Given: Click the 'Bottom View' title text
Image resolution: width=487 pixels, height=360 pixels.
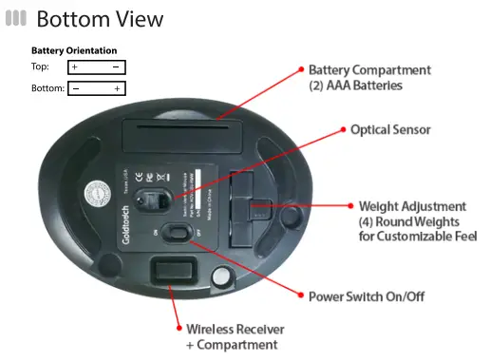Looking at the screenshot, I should tap(99, 18).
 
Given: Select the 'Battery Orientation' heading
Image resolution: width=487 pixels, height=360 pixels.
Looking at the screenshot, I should tap(74, 50).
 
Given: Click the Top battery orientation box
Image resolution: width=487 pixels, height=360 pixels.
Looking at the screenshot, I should tap(96, 67).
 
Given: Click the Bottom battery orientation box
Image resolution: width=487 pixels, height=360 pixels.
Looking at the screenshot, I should tap(96, 88).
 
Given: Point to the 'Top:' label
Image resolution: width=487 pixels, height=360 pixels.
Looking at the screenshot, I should tap(40, 67).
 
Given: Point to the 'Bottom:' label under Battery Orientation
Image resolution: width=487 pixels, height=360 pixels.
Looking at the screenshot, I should tap(47, 88).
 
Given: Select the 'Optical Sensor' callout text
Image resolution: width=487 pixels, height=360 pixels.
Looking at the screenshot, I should tap(390, 129).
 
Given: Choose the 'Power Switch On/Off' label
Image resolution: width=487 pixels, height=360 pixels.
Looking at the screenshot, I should tap(365, 297).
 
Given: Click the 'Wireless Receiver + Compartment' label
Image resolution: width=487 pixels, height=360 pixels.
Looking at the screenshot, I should tap(234, 336).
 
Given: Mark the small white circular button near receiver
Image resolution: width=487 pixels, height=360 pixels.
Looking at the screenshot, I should tap(222, 275).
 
